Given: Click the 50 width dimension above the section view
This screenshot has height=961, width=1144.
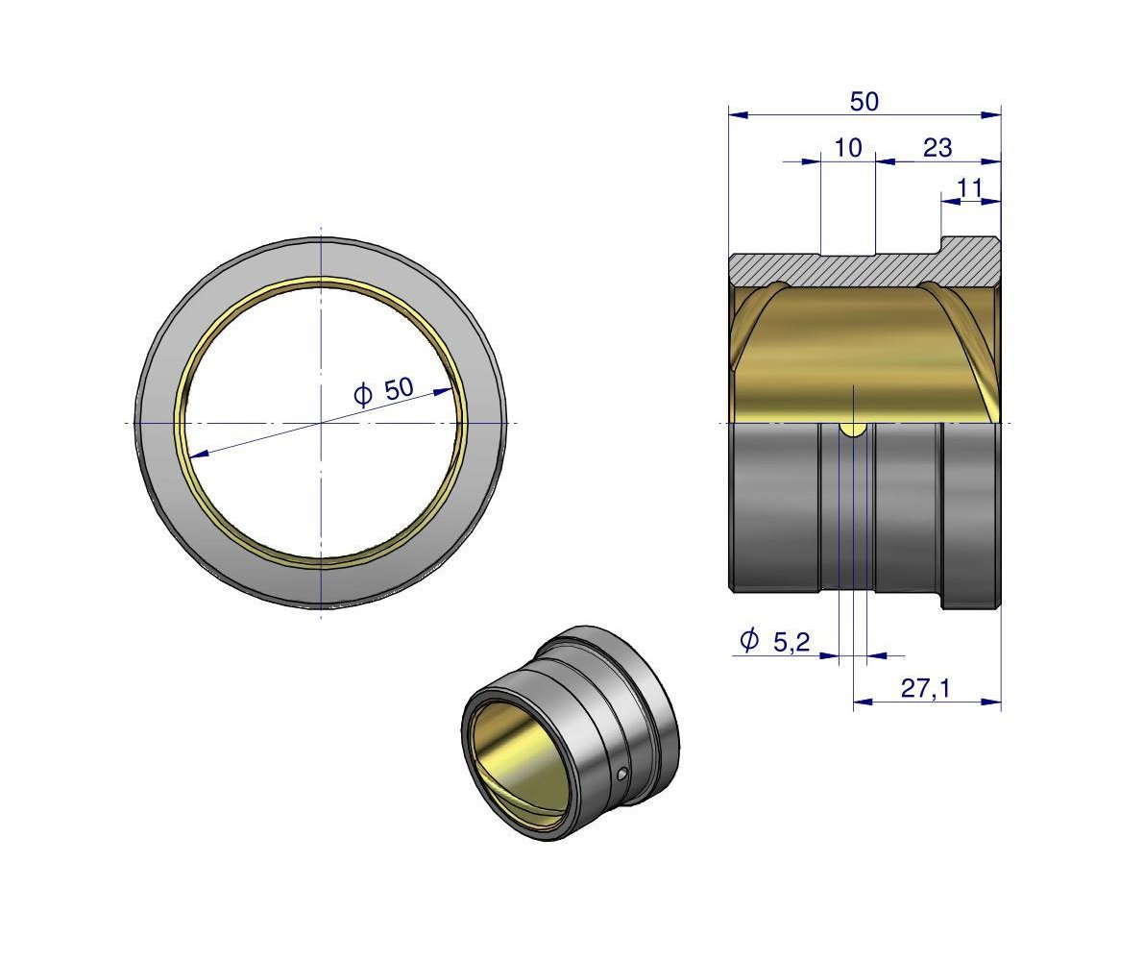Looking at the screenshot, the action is pyautogui.click(x=864, y=102).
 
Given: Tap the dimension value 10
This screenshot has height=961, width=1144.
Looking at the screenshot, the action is pyautogui.click(x=848, y=148).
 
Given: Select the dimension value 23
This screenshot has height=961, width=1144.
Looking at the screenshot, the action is pyautogui.click(x=937, y=148).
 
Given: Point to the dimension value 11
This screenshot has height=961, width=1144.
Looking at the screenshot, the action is pyautogui.click(x=969, y=188).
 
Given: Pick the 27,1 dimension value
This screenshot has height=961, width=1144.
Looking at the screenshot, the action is pyautogui.click(x=925, y=688).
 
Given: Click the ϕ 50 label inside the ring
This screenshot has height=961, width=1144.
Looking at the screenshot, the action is pyautogui.click(x=384, y=392).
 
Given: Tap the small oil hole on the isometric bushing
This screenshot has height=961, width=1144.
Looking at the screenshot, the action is pyautogui.click(x=621, y=774).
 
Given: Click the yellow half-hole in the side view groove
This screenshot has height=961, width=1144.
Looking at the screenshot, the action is pyautogui.click(x=853, y=430).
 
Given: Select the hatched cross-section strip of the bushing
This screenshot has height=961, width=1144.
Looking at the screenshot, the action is pyautogui.click(x=864, y=267).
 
